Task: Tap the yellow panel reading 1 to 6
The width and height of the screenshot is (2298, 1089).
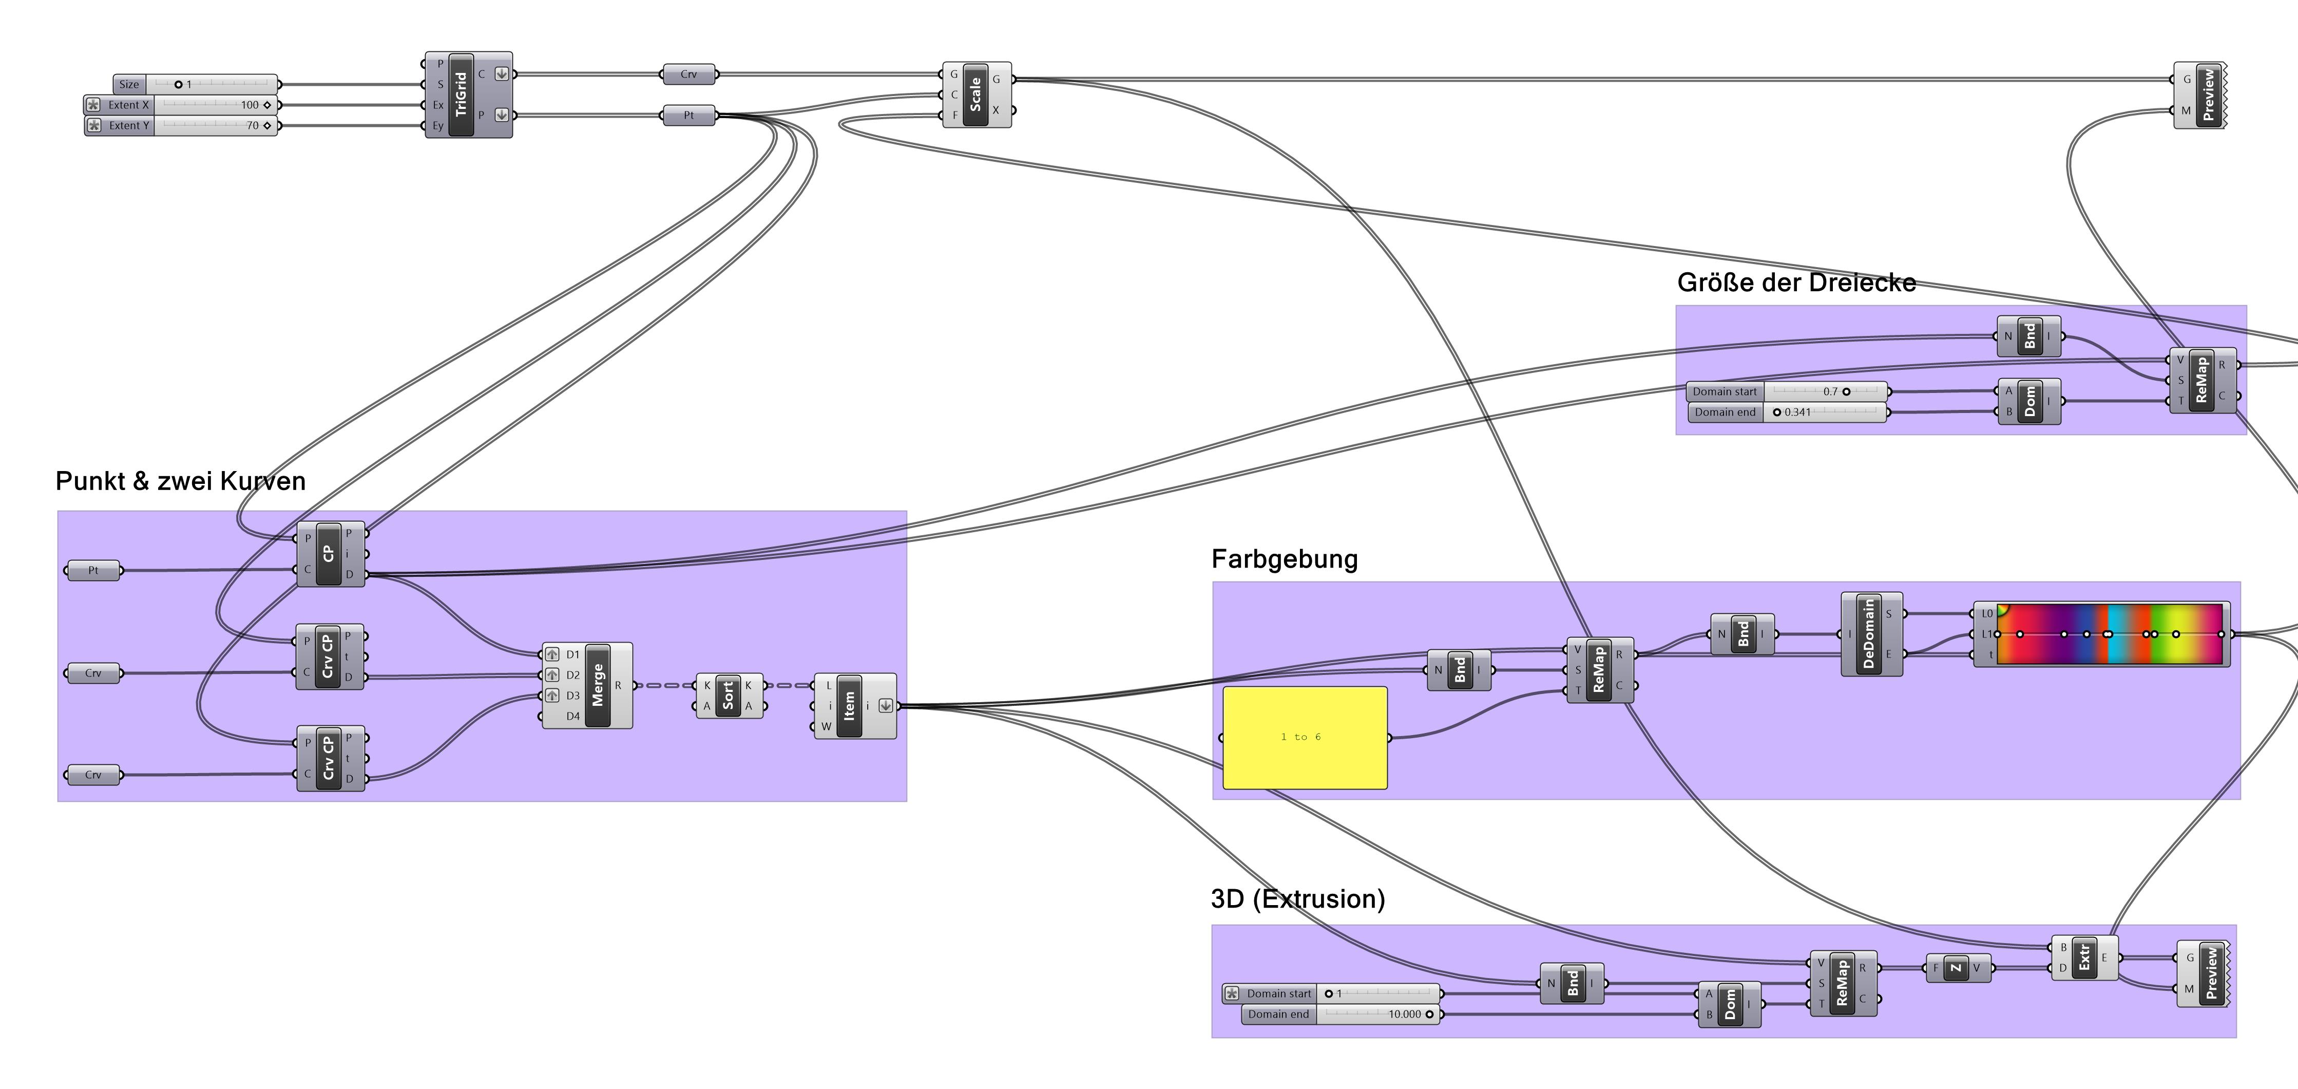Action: tap(1304, 737)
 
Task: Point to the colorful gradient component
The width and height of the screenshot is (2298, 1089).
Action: tap(2109, 634)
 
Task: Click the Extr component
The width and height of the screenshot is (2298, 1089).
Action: tap(2084, 959)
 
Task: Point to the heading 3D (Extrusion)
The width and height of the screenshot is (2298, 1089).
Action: tap(1297, 899)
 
